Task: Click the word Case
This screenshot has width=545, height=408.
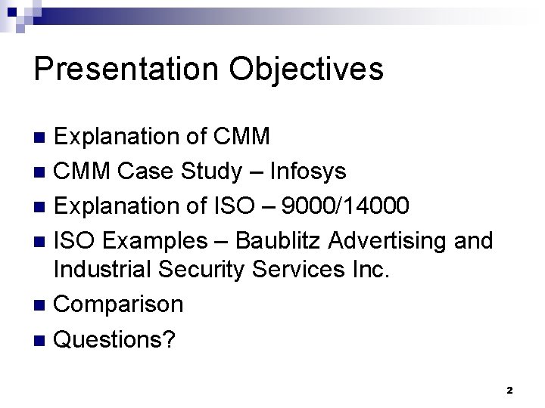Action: click(x=148, y=172)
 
